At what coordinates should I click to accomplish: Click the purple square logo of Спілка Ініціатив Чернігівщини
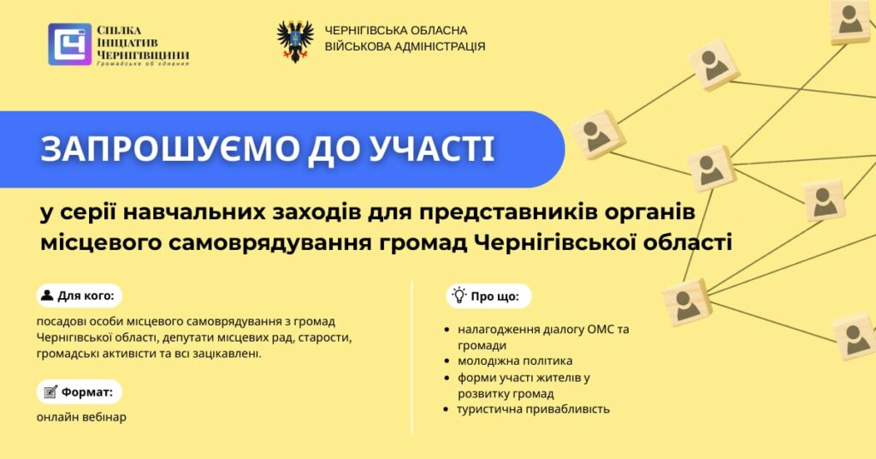70,45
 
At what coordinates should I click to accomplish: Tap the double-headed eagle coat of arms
295,41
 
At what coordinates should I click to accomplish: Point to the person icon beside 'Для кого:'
48,295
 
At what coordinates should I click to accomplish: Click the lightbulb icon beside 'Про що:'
459,295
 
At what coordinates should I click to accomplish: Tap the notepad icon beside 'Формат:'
50,392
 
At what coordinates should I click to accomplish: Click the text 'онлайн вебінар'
81,417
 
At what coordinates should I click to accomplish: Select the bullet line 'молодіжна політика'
515,361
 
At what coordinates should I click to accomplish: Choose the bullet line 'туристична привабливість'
534,408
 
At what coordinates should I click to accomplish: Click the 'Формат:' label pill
80,392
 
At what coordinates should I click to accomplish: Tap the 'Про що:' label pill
488,295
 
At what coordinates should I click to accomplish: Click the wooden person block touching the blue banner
598,134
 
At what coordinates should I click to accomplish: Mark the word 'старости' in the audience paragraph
328,337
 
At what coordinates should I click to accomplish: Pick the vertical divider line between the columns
411,357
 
